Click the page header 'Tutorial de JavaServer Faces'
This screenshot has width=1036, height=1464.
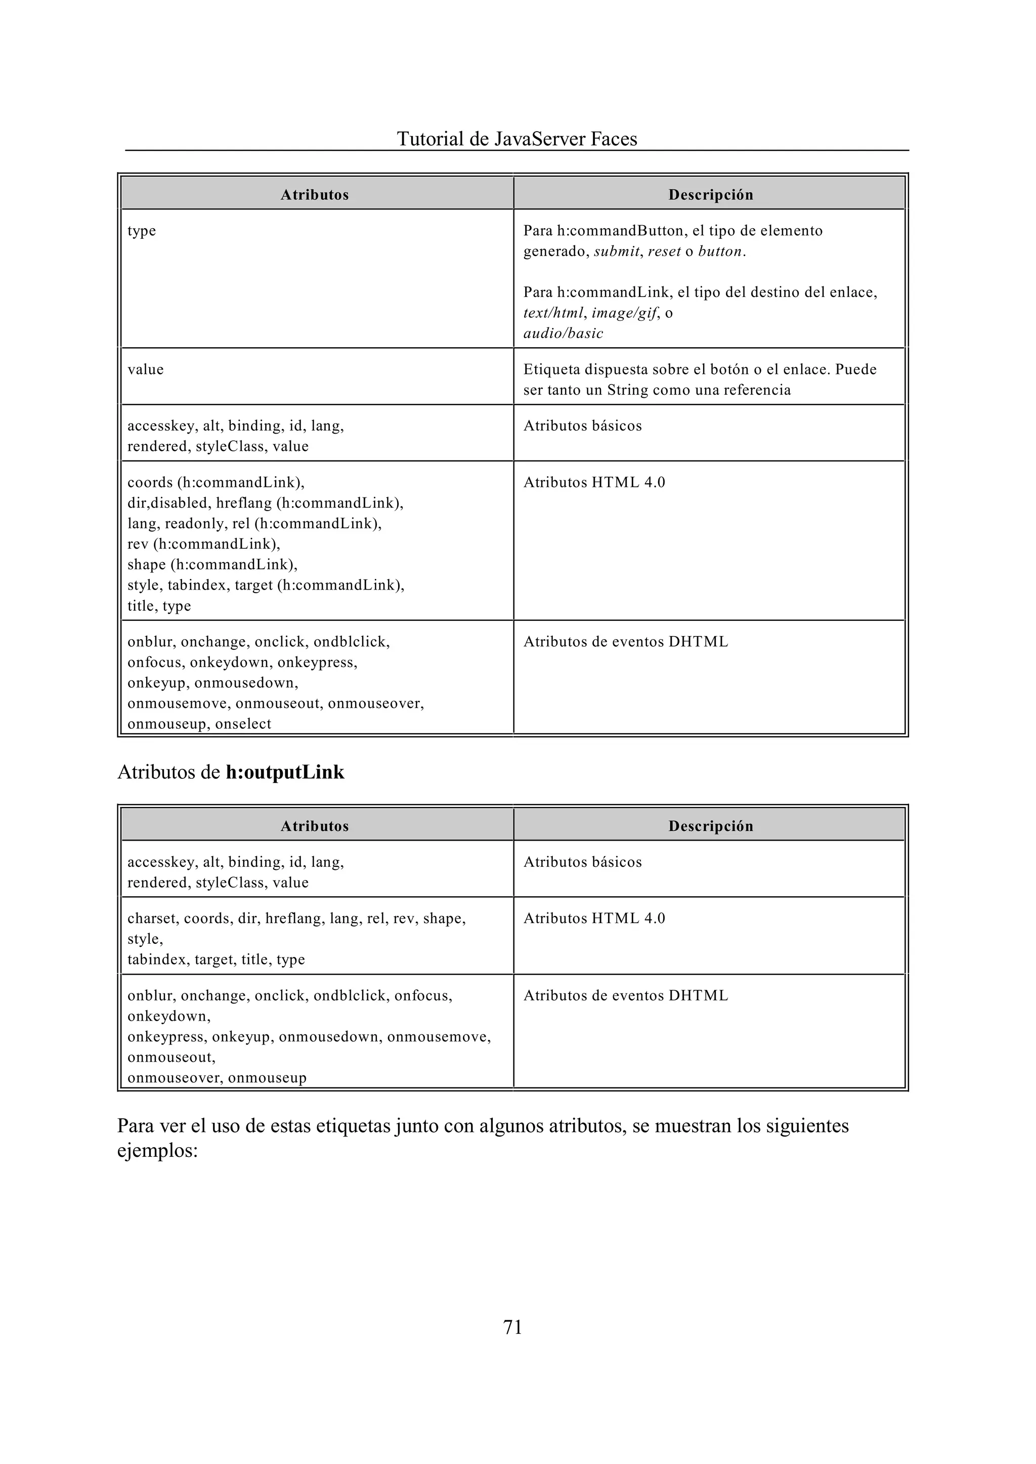click(x=516, y=139)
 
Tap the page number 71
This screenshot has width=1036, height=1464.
click(x=513, y=1327)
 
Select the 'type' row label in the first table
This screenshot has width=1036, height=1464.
click(x=142, y=231)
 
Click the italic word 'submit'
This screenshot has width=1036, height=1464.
click(x=616, y=252)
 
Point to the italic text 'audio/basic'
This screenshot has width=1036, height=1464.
click(x=563, y=333)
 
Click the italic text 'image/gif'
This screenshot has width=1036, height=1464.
click(x=624, y=313)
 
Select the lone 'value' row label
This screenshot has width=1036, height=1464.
click(x=146, y=369)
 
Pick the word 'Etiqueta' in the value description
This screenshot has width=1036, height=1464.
click(x=550, y=369)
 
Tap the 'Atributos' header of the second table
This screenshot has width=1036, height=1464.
click(x=315, y=826)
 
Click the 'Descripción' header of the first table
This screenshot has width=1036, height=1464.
click(x=711, y=195)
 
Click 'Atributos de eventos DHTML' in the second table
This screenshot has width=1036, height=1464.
click(x=625, y=995)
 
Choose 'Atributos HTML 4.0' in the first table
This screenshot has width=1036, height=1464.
click(x=594, y=482)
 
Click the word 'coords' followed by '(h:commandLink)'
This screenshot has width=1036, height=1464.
click(x=150, y=482)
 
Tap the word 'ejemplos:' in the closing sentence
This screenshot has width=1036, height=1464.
click(x=157, y=1151)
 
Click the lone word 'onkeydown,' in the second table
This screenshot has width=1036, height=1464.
click(x=168, y=1016)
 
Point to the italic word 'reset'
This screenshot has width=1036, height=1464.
click(x=664, y=252)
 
